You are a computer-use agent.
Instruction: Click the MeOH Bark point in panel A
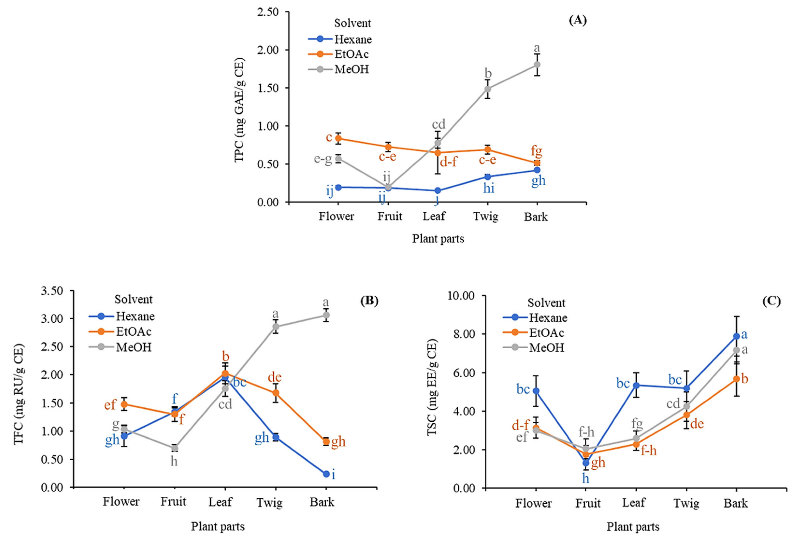click(x=537, y=64)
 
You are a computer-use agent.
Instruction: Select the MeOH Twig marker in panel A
click(x=487, y=89)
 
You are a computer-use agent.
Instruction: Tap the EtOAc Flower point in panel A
click(x=338, y=138)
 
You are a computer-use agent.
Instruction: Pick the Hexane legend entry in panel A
click(x=353, y=39)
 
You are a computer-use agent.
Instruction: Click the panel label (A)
click(x=578, y=21)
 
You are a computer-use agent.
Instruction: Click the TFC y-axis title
click(x=19, y=394)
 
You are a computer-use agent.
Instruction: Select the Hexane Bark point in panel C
click(x=736, y=336)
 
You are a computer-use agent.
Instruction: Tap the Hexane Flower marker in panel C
click(x=536, y=391)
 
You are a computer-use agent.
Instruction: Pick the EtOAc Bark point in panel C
click(x=736, y=379)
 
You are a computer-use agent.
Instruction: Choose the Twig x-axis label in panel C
click(x=686, y=503)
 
